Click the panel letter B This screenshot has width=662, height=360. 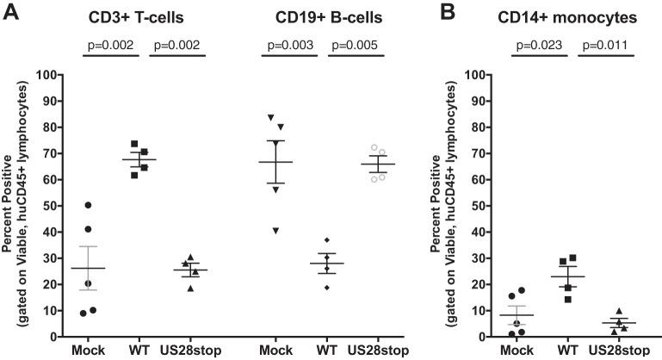[x=441, y=11]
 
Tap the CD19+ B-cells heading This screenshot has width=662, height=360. [x=317, y=16]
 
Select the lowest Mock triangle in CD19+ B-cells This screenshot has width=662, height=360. [x=276, y=231]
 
